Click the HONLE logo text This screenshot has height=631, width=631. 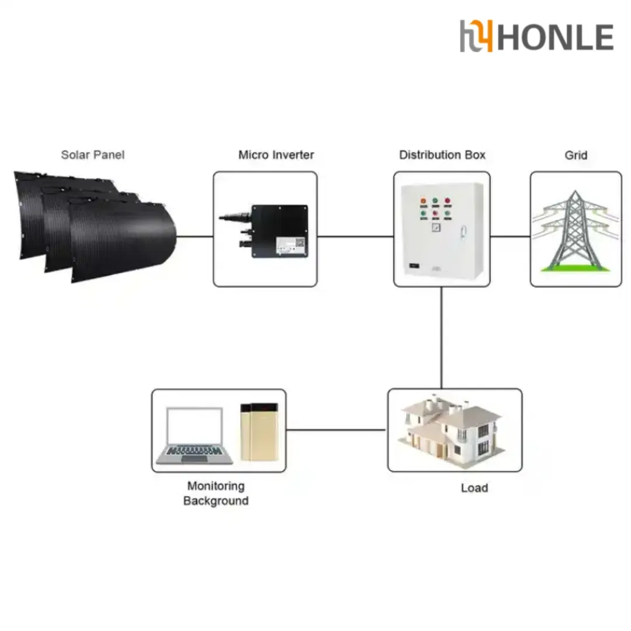tap(555, 37)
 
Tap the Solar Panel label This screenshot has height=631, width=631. tap(93, 155)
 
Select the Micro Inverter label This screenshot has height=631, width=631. tap(276, 155)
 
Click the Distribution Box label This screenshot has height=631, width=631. tap(442, 155)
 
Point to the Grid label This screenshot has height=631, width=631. tap(575, 155)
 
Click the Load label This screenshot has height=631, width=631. tap(474, 487)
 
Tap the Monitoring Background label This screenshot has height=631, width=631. tap(216, 493)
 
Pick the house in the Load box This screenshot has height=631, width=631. tap(453, 429)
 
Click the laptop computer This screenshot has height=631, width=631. tap(196, 435)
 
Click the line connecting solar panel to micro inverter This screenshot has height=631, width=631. tap(195, 237)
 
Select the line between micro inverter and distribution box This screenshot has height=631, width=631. tap(355, 237)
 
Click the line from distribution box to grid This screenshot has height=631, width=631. tap(510, 237)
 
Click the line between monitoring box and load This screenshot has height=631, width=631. tap(337, 430)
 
